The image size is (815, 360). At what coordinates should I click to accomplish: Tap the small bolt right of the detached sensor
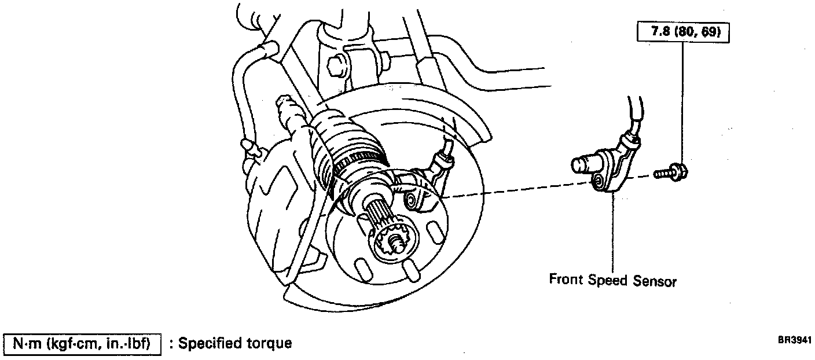[x=671, y=172]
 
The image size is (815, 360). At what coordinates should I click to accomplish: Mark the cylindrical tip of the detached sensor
[x=581, y=165]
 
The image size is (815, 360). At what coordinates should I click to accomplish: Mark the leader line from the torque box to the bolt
[x=683, y=104]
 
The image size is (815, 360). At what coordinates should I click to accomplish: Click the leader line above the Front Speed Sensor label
[x=612, y=232]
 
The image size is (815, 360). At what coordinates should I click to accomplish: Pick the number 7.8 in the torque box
[x=662, y=33]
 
